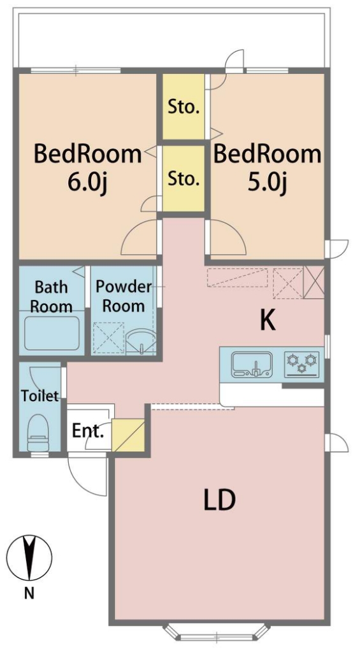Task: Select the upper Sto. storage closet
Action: click(184, 107)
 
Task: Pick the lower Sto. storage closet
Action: click(184, 178)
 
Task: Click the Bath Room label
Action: click(51, 297)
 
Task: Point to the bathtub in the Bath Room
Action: click(52, 333)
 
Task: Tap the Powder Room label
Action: click(124, 296)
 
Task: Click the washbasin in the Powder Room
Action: click(141, 341)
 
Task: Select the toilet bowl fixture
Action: click(38, 432)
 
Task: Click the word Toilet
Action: click(40, 395)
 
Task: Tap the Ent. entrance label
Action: click(87, 432)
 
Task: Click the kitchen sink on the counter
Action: click(252, 365)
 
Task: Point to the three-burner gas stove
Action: click(302, 364)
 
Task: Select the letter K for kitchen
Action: click(268, 321)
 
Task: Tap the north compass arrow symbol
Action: click(29, 558)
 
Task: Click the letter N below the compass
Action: click(29, 593)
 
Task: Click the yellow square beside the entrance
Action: click(128, 435)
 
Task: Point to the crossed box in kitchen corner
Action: click(313, 282)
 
